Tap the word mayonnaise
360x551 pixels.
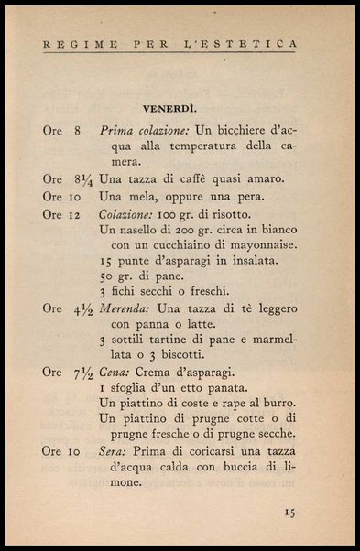pos(260,244)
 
